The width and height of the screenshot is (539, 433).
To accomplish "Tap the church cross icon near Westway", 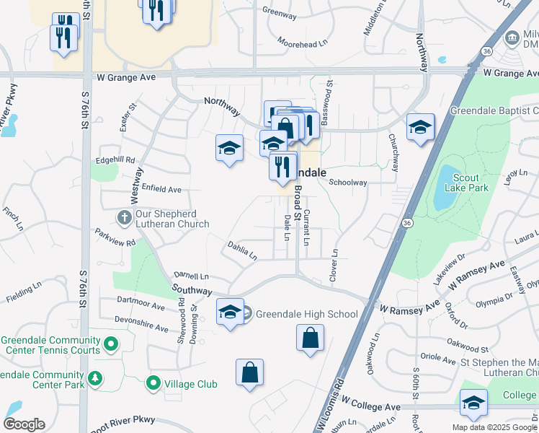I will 124,216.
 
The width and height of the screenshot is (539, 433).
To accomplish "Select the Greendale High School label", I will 306,314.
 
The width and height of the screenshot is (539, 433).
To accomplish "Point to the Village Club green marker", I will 153,383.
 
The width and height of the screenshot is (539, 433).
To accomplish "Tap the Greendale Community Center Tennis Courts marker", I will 110,345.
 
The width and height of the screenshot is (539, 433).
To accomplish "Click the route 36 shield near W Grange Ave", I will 487,51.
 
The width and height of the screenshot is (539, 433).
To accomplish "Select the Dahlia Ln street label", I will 242,250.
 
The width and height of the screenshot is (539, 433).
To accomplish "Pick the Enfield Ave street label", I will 161,189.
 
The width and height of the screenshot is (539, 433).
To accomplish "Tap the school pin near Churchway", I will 421,128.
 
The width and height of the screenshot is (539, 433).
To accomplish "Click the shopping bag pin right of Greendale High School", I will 310,338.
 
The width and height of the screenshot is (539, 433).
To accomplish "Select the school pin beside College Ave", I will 473,403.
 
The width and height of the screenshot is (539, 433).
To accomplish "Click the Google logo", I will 24,424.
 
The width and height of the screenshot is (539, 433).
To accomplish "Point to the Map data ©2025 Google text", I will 494,427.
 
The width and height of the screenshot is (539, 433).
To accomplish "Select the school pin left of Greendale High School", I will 230,312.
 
